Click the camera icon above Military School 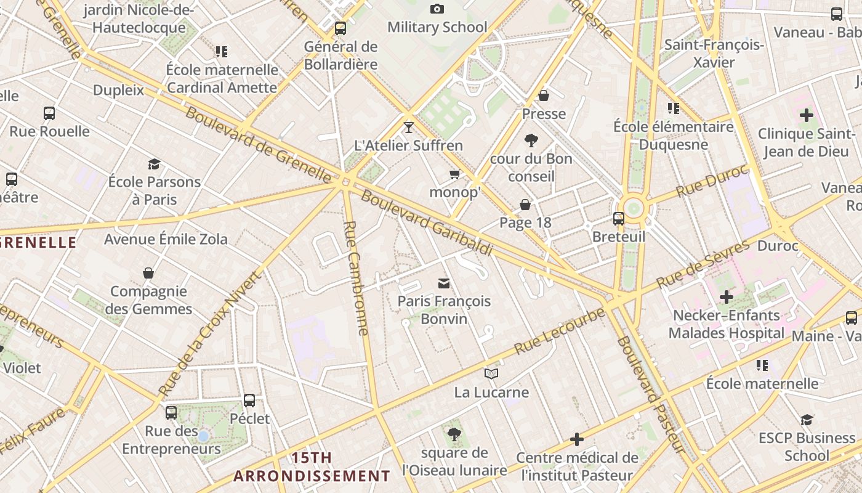pyautogui.click(x=437, y=9)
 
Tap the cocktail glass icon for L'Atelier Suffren pyautogui.click(x=408, y=127)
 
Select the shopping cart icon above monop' pyautogui.click(x=455, y=174)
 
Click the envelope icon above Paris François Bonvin pyautogui.click(x=443, y=283)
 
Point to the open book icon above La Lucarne pyautogui.click(x=491, y=373)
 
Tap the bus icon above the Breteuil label pyautogui.click(x=618, y=219)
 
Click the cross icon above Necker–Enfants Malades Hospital pyautogui.click(x=727, y=298)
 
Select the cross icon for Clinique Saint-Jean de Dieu pyautogui.click(x=806, y=115)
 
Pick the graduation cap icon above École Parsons pyautogui.click(x=154, y=164)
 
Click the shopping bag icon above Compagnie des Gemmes pyautogui.click(x=148, y=273)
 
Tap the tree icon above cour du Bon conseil pyautogui.click(x=531, y=141)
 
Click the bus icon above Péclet pyautogui.click(x=249, y=401)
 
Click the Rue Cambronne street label pyautogui.click(x=356, y=277)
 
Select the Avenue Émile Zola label pyautogui.click(x=166, y=239)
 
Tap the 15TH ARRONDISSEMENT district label pyautogui.click(x=312, y=467)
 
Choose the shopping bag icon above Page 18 pyautogui.click(x=525, y=205)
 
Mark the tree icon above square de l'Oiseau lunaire pyautogui.click(x=454, y=434)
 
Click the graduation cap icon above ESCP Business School pyautogui.click(x=807, y=420)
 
